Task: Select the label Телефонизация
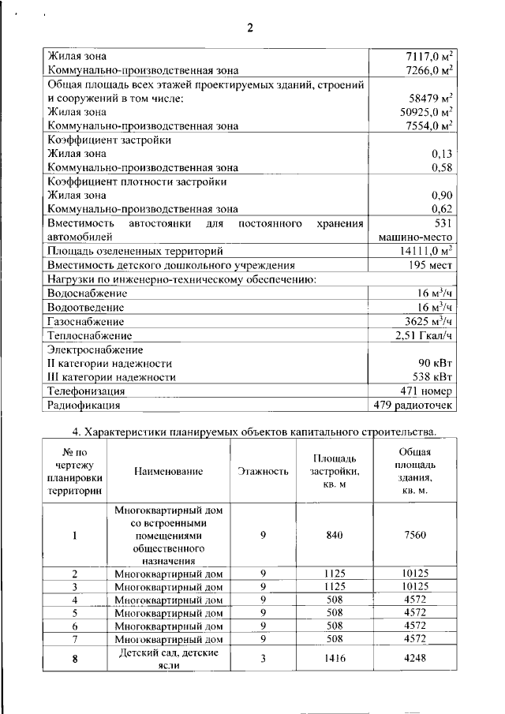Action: (x=86, y=391)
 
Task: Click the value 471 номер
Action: (x=426, y=391)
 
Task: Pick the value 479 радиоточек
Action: (x=414, y=406)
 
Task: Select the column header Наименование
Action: (x=168, y=471)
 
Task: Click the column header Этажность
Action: (x=262, y=471)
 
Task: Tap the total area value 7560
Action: (x=414, y=535)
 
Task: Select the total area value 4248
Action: (x=414, y=659)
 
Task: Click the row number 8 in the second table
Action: (x=74, y=659)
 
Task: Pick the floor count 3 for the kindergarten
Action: (x=262, y=659)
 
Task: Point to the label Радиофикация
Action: (x=84, y=406)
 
